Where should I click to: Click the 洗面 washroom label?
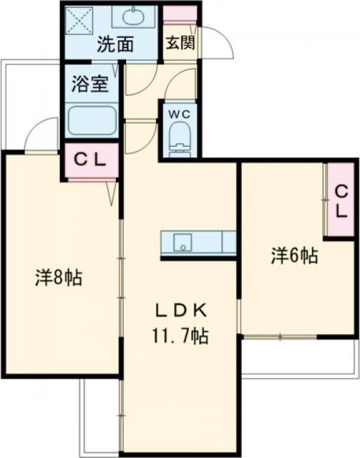coord(115,44)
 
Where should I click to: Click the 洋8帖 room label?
coord(58,277)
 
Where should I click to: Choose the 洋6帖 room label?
coord(294,255)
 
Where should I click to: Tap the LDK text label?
coord(182,311)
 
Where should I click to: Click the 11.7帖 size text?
coord(182,334)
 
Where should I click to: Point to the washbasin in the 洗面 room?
coord(133,17)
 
